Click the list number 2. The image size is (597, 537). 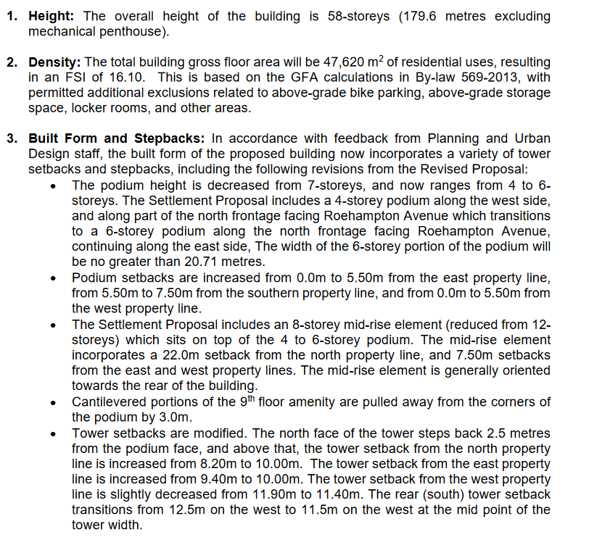click(x=12, y=62)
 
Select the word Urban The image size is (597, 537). click(x=529, y=138)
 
